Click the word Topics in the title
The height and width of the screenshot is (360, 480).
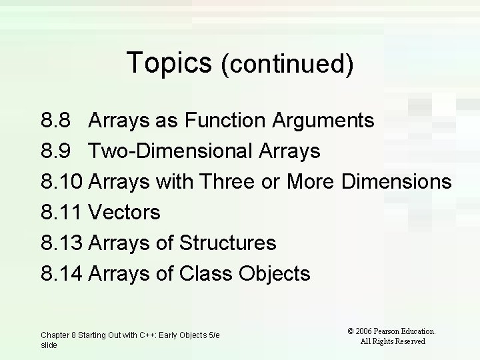pyautogui.click(x=169, y=63)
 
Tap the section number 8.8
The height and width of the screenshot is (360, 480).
pyautogui.click(x=55, y=121)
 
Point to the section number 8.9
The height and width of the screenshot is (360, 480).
pyautogui.click(x=55, y=151)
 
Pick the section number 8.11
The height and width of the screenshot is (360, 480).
pyautogui.click(x=61, y=213)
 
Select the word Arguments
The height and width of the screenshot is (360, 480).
pyautogui.click(x=324, y=121)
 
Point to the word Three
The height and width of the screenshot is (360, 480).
pyautogui.click(x=227, y=182)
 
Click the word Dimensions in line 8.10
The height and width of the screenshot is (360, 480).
pyautogui.click(x=397, y=182)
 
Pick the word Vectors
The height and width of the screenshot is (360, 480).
pyautogui.click(x=125, y=213)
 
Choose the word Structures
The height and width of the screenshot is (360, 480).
pyautogui.click(x=228, y=243)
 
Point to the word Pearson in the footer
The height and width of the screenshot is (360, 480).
pyautogui.click(x=393, y=331)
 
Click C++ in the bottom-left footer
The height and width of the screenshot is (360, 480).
pyautogui.click(x=143, y=335)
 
